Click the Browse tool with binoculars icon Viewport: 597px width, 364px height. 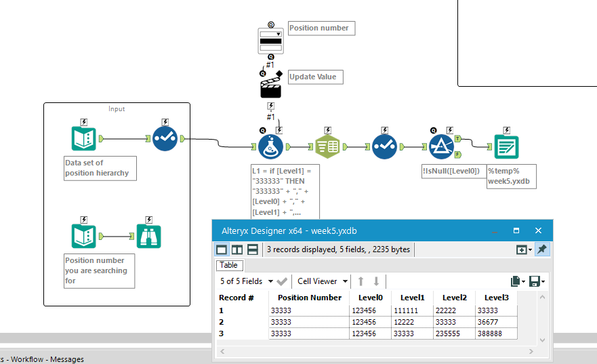(x=149, y=236)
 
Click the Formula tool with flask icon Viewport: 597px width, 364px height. (x=270, y=146)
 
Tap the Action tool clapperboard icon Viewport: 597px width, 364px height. (x=270, y=87)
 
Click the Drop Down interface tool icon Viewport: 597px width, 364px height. (x=270, y=40)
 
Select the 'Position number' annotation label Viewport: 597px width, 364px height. (x=321, y=28)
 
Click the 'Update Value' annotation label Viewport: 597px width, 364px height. (x=315, y=77)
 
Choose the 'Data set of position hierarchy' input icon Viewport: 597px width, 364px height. (x=84, y=138)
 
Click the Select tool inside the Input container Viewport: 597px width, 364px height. (x=165, y=138)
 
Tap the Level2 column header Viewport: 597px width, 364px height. (x=454, y=298)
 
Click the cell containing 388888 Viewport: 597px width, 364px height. (x=495, y=333)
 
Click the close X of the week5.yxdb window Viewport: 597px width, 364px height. (x=538, y=230)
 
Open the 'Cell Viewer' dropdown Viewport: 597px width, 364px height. (x=323, y=281)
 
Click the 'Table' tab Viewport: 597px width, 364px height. (x=228, y=265)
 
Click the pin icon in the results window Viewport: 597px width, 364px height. (x=541, y=249)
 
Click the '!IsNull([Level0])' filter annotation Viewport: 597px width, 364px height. (x=451, y=171)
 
